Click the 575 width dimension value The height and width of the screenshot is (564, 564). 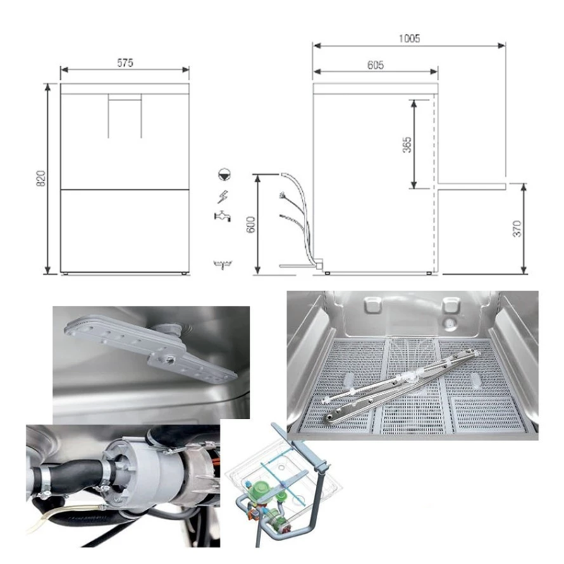[x=125, y=63]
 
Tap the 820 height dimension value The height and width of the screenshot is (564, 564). [x=42, y=178]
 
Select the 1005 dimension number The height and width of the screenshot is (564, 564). [x=410, y=38]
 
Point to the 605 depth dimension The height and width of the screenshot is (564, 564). [x=376, y=65]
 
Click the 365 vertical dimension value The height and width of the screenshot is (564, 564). [x=407, y=145]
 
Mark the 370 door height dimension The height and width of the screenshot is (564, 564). [x=517, y=228]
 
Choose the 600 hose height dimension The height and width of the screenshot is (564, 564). [x=252, y=224]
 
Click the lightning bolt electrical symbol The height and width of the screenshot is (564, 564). [x=222, y=197]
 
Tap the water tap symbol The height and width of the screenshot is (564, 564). [x=222, y=216]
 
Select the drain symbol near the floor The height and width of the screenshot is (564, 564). [x=223, y=264]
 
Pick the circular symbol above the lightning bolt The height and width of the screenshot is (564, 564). [x=224, y=174]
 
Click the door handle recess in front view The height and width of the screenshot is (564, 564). [x=125, y=116]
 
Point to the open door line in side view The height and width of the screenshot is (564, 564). [x=472, y=185]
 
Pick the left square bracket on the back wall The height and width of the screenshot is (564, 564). [x=373, y=305]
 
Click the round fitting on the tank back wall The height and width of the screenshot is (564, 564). [x=449, y=324]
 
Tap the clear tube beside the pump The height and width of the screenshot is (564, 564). [x=61, y=515]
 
